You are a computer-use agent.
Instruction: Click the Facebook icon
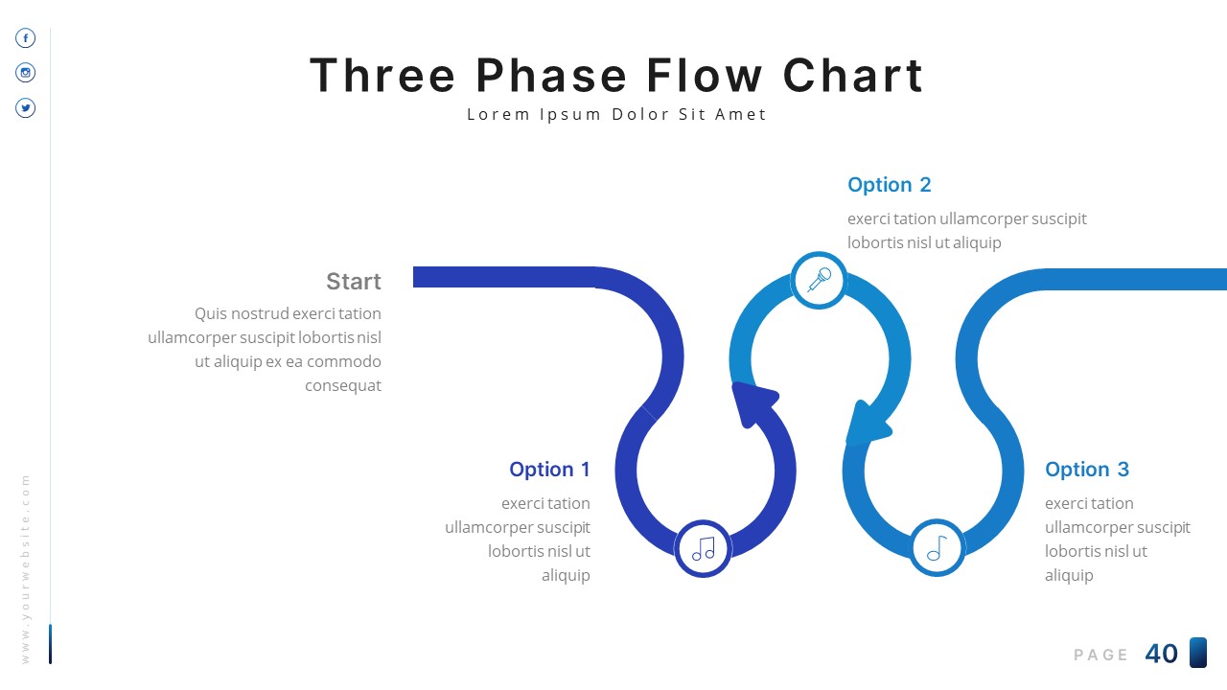[26, 38]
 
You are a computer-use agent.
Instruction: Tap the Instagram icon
[26, 73]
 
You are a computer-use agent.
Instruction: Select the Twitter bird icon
[26, 108]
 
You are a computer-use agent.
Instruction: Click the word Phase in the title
[551, 76]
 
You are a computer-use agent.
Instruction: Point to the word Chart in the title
[853, 76]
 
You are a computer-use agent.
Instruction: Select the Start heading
[353, 282]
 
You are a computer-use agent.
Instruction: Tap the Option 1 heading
[549, 470]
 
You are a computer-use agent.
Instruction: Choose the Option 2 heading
[889, 185]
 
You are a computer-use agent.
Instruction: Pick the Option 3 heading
[1086, 470]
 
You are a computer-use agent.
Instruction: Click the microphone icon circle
[819, 281]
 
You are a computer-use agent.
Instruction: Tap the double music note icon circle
[704, 549]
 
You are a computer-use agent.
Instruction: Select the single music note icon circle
[937, 548]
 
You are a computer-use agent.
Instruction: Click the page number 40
[1161, 654]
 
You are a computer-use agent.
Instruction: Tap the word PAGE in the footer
[1100, 655]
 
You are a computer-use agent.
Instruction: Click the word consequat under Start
[342, 386]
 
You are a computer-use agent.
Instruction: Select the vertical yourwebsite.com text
[26, 567]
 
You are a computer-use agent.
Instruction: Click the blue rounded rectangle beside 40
[1197, 653]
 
